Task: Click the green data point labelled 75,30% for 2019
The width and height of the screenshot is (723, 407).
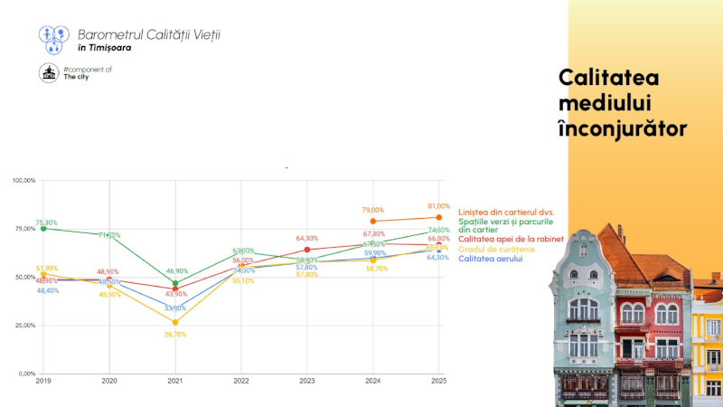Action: (x=43, y=228)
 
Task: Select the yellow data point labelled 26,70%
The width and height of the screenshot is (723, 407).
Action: (x=175, y=322)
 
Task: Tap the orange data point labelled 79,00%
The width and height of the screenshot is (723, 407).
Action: (x=373, y=221)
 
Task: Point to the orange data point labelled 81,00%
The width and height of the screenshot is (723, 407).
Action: (x=439, y=217)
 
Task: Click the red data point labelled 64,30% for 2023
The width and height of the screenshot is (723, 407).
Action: (x=307, y=250)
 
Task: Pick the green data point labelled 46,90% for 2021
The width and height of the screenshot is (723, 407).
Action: (x=175, y=283)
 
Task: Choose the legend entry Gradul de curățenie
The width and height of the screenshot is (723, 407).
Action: (x=496, y=249)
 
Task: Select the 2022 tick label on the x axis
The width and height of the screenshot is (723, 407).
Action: (x=241, y=382)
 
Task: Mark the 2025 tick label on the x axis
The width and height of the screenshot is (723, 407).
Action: (x=439, y=382)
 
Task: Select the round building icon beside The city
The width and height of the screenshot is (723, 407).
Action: (x=49, y=73)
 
